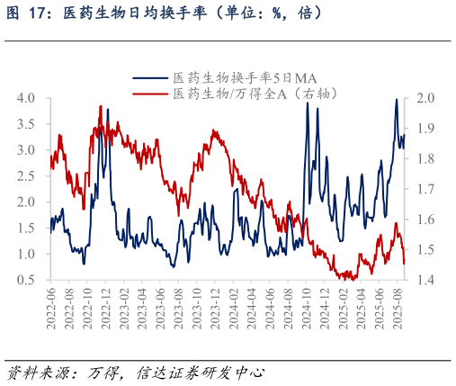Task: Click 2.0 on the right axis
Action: tap(426, 97)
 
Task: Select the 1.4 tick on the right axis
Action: tap(426, 280)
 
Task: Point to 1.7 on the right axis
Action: tap(426, 189)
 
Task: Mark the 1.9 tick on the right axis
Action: tap(426, 128)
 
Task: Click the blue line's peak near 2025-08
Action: tap(397, 100)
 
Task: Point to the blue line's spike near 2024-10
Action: tap(308, 103)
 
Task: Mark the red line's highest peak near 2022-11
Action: tap(100, 106)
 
